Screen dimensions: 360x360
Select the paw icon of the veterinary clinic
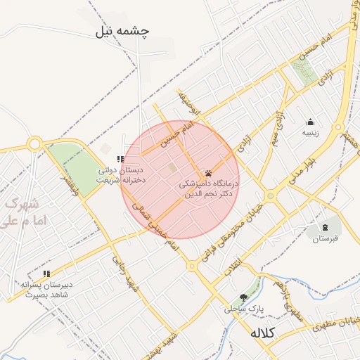tap(209, 173)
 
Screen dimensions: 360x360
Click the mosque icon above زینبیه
tap(311, 122)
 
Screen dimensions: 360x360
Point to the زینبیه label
tap(311, 132)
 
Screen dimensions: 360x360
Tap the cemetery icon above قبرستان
tap(325, 227)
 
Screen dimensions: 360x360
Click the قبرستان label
tap(325, 239)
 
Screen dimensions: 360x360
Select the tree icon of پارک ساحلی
tap(244, 297)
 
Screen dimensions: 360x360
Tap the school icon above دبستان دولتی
tap(120, 160)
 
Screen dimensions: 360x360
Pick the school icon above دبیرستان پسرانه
tap(46, 274)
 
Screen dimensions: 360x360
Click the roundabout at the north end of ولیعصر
tap(34, 144)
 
